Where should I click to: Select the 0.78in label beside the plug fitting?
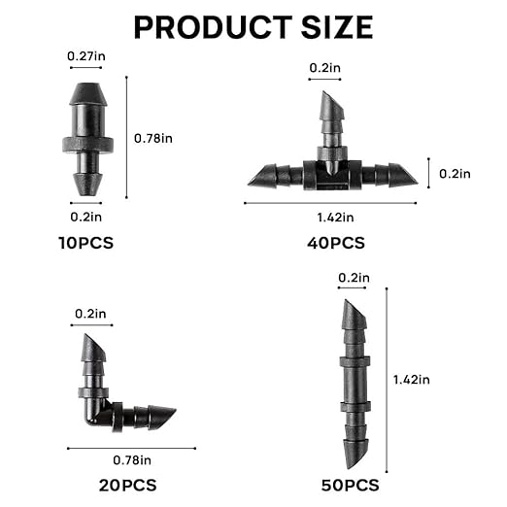pos(153,138)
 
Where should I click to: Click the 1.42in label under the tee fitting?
pos(336,217)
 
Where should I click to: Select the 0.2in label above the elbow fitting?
pos(90,313)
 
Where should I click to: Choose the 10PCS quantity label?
pos(84,243)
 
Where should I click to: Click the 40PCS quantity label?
pos(335,243)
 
